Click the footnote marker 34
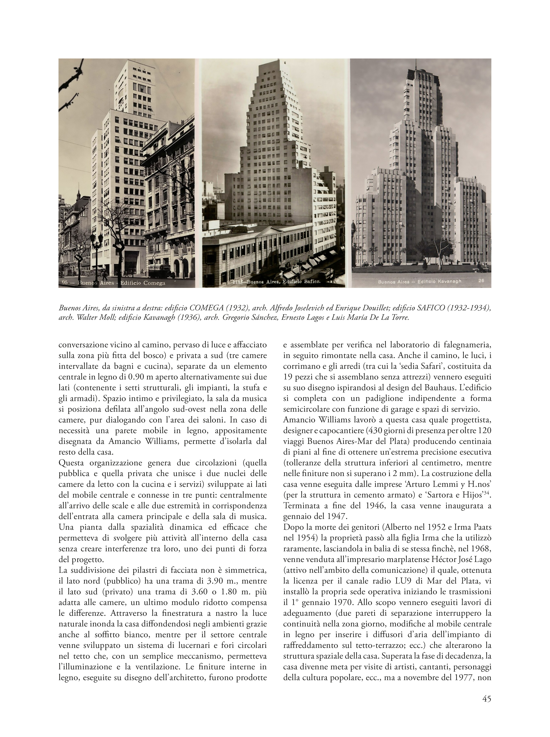(x=487, y=494)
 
